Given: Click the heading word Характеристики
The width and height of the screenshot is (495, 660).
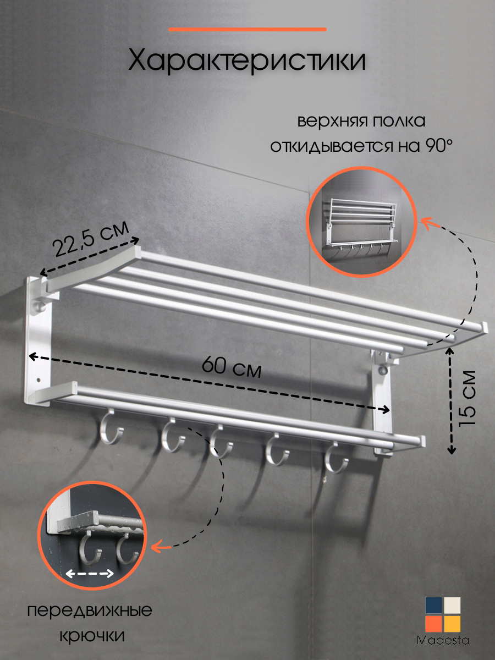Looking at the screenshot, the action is [x=247, y=61].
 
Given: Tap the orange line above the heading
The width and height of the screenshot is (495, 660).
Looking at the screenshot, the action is [x=248, y=30].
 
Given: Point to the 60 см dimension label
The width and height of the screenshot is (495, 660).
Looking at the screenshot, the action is [x=232, y=367].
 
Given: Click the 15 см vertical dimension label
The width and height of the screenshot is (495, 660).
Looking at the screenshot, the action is [x=468, y=398].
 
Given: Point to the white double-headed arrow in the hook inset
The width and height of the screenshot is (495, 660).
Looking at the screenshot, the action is [x=90, y=574].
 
